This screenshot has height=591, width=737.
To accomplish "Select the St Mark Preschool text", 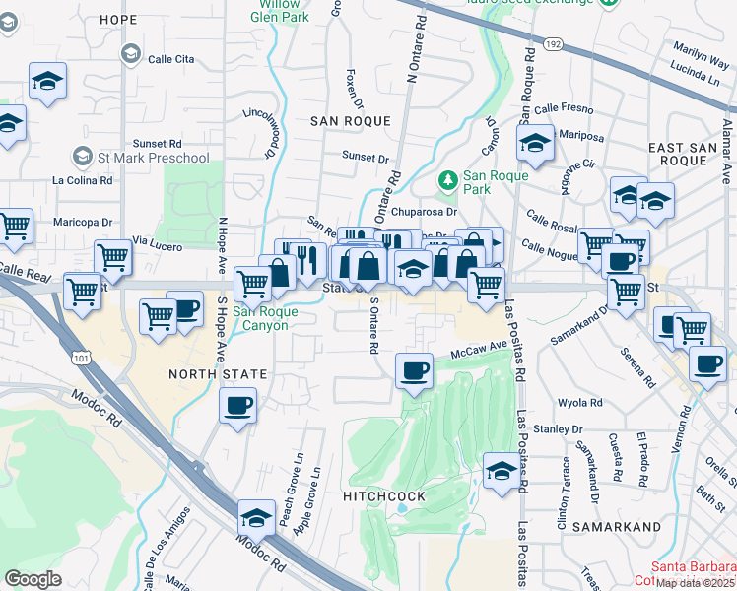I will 154,158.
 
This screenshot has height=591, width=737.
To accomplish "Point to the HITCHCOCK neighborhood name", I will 384,496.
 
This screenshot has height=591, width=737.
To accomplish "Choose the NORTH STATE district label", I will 217,374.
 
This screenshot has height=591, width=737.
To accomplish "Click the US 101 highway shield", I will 77,352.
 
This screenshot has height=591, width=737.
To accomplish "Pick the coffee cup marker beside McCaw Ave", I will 414,371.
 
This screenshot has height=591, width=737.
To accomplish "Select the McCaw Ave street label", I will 478,348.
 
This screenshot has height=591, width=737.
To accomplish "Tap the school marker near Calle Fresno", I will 535,145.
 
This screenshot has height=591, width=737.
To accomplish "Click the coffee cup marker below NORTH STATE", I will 238,405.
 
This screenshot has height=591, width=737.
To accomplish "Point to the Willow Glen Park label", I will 280,11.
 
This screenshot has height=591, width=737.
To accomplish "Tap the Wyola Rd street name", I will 579,403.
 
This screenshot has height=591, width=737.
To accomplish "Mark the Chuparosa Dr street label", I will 425,211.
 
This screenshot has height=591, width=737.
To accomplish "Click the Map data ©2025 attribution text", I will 696,582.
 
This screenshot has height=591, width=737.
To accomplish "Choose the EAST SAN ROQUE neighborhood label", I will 679,153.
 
